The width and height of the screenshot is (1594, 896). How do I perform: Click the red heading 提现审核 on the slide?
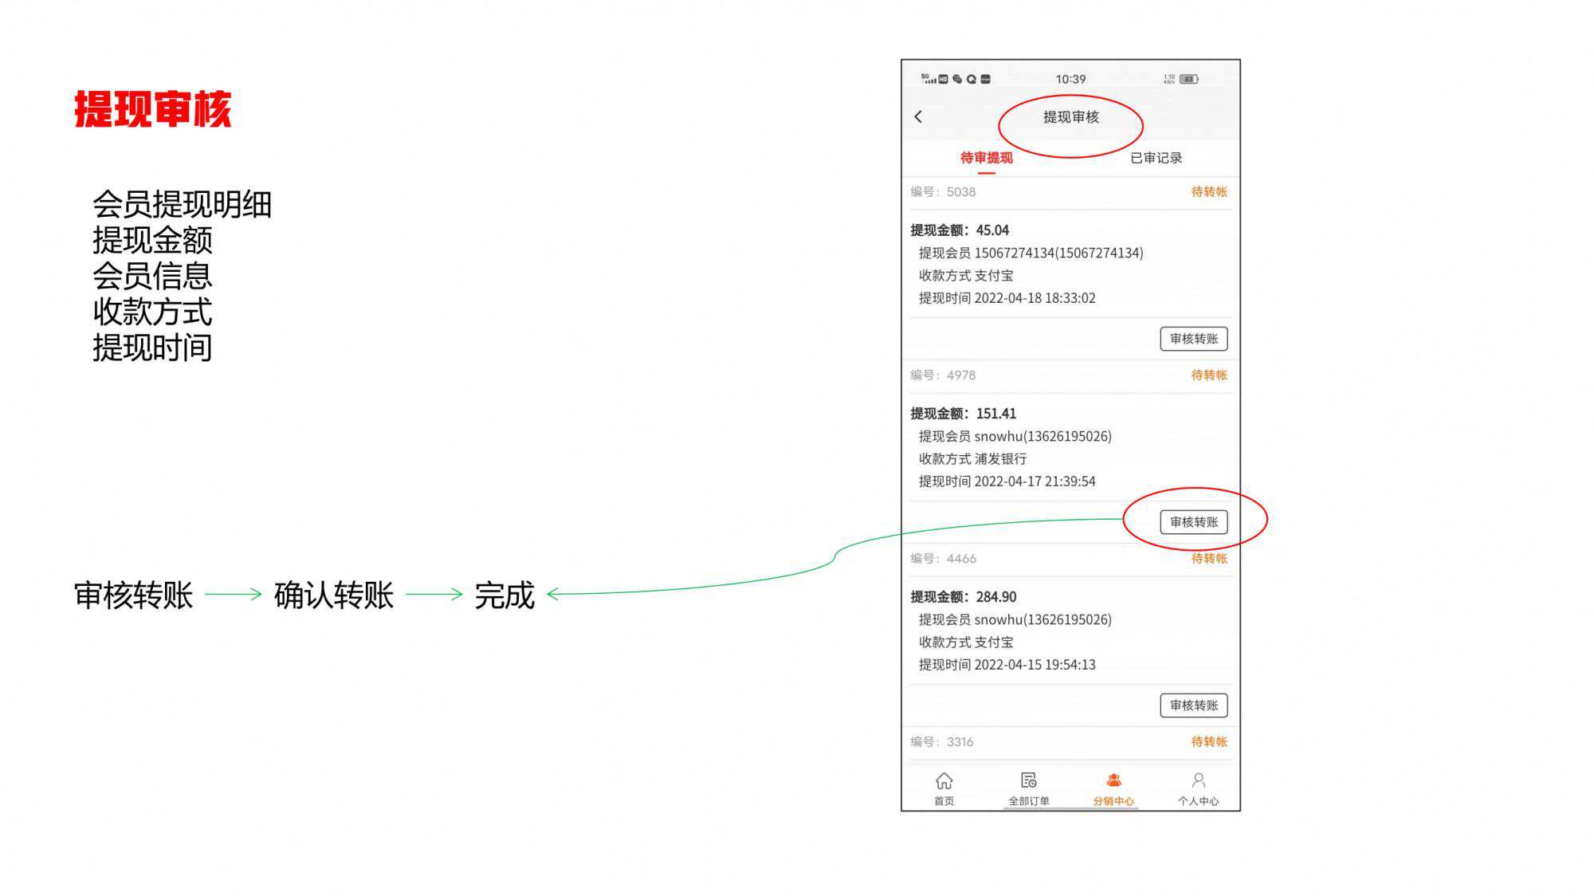tap(152, 109)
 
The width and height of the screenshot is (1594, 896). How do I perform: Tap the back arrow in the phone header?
tap(918, 117)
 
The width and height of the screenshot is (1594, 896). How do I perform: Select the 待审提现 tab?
tap(986, 158)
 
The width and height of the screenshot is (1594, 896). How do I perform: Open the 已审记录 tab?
tap(1156, 158)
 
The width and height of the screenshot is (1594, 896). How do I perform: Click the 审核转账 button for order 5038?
tap(1193, 339)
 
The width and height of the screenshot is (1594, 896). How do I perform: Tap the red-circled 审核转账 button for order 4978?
tap(1193, 522)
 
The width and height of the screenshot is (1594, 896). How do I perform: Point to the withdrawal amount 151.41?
tap(995, 414)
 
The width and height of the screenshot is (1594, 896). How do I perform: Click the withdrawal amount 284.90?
tap(995, 597)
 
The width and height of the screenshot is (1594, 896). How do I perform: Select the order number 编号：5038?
tap(943, 192)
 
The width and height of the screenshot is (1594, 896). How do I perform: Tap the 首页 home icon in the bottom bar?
tap(944, 780)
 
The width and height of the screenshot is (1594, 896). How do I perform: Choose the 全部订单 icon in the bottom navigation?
tap(1028, 780)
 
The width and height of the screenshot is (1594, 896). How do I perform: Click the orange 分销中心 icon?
tap(1113, 780)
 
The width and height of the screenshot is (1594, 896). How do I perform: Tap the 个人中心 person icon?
tap(1198, 780)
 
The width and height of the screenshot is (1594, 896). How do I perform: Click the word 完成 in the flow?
tap(504, 595)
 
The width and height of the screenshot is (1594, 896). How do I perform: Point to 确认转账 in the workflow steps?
tap(333, 595)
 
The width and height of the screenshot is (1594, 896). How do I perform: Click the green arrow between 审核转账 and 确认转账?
tap(233, 594)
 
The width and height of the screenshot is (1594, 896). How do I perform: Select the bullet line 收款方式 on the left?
tap(152, 312)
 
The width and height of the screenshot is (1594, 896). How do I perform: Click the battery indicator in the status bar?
tap(1189, 79)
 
